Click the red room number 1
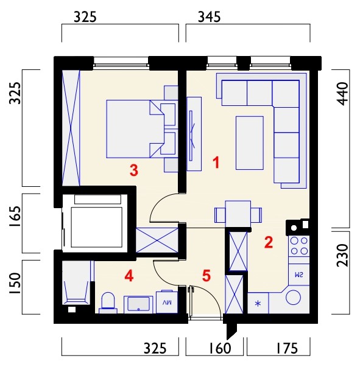tap(216, 163)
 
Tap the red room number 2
tap(269, 242)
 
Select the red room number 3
tap(134, 170)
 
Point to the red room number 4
tap(129, 276)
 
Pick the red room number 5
tap(206, 276)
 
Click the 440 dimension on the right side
tap(343, 94)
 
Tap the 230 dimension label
tap(343, 256)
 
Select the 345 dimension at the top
tap(209, 17)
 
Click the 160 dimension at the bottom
tap(220, 348)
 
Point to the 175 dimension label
tap(287, 348)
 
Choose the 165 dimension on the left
tap(15, 217)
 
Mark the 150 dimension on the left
tap(15, 284)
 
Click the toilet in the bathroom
tap(108, 303)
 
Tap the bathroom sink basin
tap(139, 304)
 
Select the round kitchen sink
tap(293, 298)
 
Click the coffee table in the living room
tap(250, 143)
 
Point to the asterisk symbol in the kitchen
tap(258, 304)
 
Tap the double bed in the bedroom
tap(135, 129)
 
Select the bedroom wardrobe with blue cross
tap(71, 128)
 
